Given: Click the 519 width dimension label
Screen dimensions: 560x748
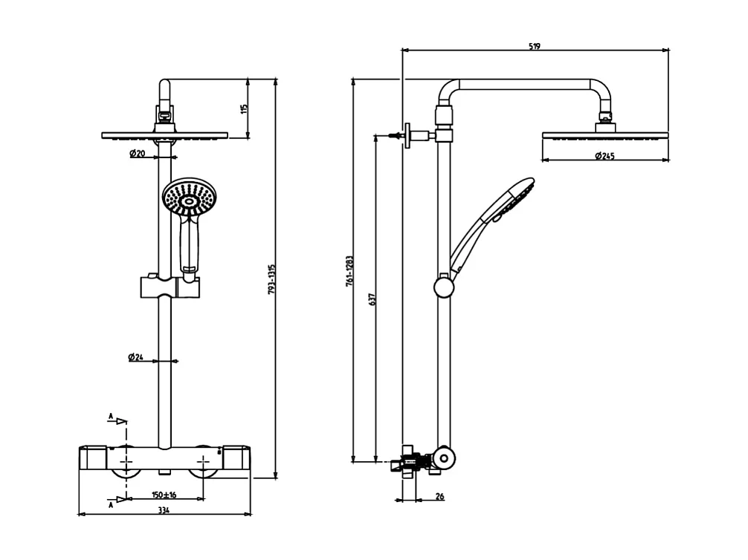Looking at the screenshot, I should click(535, 46).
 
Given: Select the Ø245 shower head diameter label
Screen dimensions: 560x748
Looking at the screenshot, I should click(605, 155).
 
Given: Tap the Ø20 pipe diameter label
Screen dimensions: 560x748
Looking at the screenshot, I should click(137, 154).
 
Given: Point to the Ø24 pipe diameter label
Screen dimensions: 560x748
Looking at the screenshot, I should click(136, 357).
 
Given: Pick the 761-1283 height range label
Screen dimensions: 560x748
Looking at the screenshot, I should click(349, 273).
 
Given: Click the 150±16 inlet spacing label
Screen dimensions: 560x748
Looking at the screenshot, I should click(164, 495).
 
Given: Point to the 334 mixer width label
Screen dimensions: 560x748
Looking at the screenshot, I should click(164, 510).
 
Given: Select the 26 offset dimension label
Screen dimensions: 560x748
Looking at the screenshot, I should click(439, 497).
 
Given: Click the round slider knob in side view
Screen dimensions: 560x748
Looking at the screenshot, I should click(444, 285).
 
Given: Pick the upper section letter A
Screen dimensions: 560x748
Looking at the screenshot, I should click(111, 418).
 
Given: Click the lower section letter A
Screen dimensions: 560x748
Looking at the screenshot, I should click(111, 504).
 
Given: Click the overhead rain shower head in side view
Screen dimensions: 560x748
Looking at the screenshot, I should click(606, 136).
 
